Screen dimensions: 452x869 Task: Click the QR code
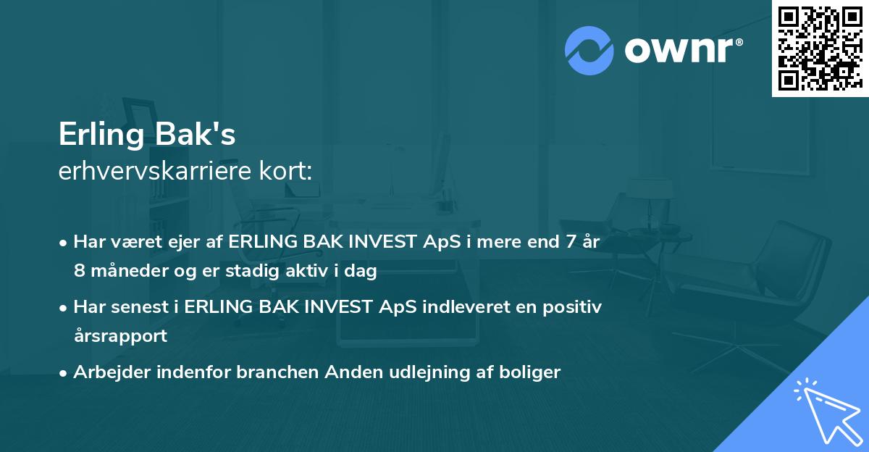[820, 48]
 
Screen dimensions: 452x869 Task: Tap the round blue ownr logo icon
[589, 50]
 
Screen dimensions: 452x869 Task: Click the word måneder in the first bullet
[122, 272]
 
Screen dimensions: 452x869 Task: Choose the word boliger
[527, 372]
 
